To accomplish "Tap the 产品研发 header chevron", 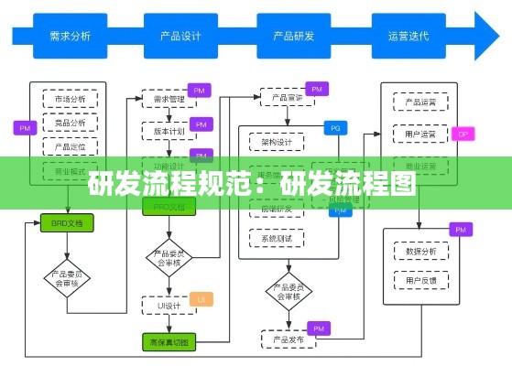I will coord(294,37).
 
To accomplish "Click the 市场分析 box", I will coord(70,99).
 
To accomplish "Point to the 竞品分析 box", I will coord(70,123).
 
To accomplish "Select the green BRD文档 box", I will coord(67,222).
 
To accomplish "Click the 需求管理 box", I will coord(168,98).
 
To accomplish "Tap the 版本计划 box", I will coord(168,130).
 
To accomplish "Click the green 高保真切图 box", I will coord(168,342).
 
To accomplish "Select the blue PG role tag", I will coord(335,127).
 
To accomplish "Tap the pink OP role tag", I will coord(463,134).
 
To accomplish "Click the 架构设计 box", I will coord(276,143).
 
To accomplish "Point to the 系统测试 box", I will coord(276,239).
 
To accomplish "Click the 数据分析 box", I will coord(420,250).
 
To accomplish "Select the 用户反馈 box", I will coord(420,279).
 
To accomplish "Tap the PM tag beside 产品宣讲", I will coord(317,89).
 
